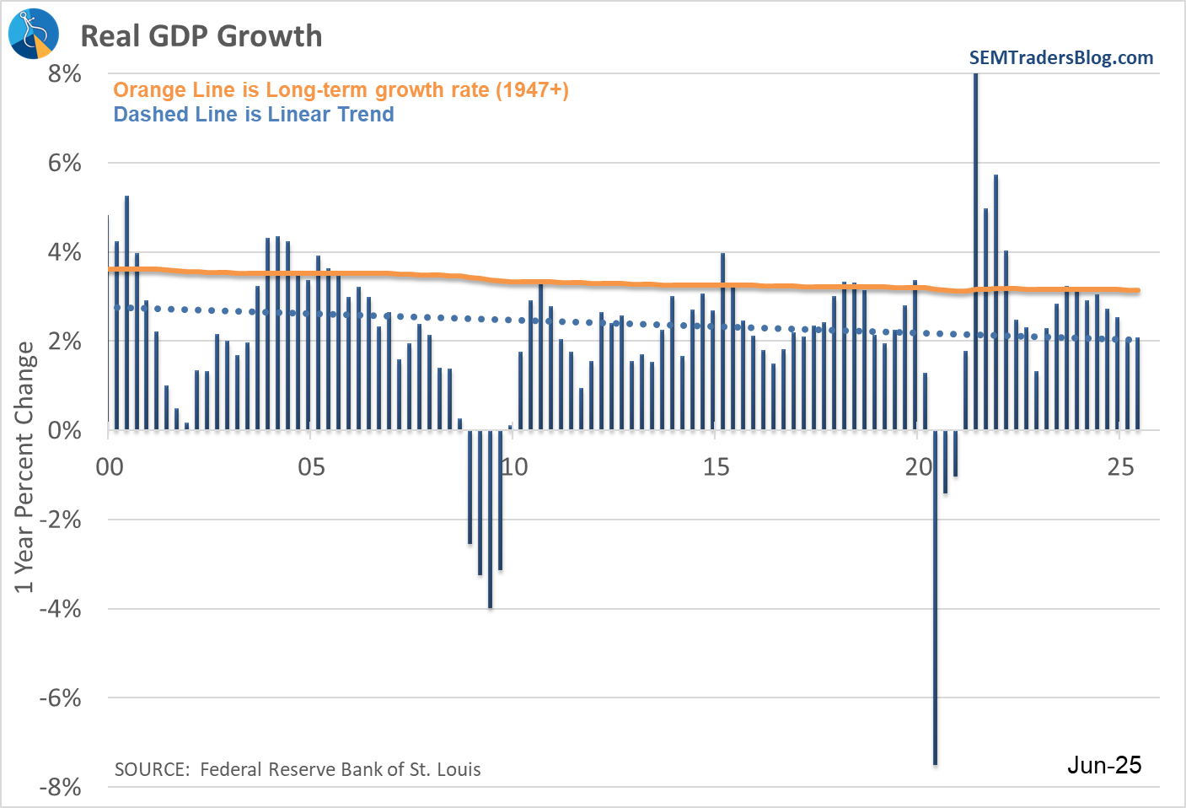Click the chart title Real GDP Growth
pyautogui.click(x=201, y=36)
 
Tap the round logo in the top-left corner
pyautogui.click(x=34, y=34)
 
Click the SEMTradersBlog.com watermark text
pyautogui.click(x=1060, y=58)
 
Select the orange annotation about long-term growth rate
pyautogui.click(x=341, y=90)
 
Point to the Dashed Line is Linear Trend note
pyautogui.click(x=254, y=115)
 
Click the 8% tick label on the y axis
pyautogui.click(x=65, y=74)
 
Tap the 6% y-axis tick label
pyautogui.click(x=65, y=163)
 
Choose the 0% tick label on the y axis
pyautogui.click(x=65, y=431)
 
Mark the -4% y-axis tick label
pyautogui.click(x=61, y=609)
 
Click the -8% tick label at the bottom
pyautogui.click(x=61, y=788)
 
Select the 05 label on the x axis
pyautogui.click(x=311, y=467)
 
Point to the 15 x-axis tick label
pyautogui.click(x=716, y=467)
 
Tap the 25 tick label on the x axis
pyautogui.click(x=1120, y=467)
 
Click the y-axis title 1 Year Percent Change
pyautogui.click(x=24, y=466)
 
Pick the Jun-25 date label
pyautogui.click(x=1104, y=765)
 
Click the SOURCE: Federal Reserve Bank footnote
pyautogui.click(x=298, y=769)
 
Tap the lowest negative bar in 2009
pyautogui.click(x=490, y=519)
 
